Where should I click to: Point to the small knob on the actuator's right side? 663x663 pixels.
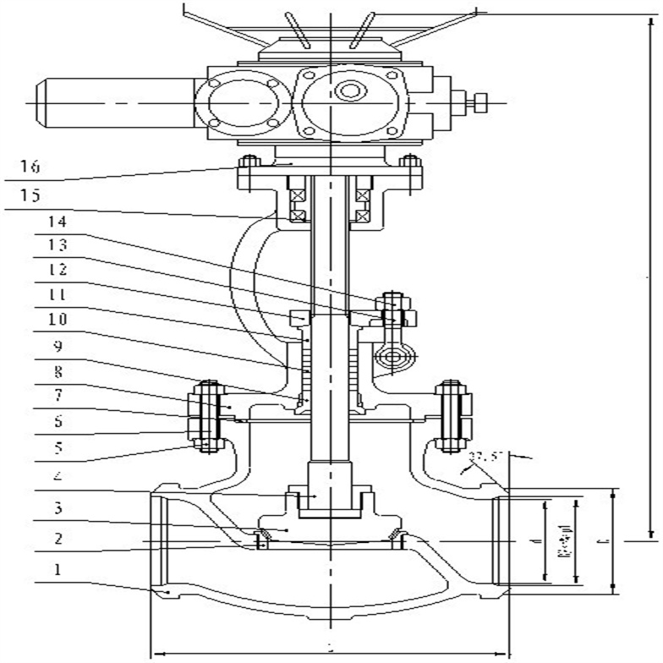click(x=480, y=103)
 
